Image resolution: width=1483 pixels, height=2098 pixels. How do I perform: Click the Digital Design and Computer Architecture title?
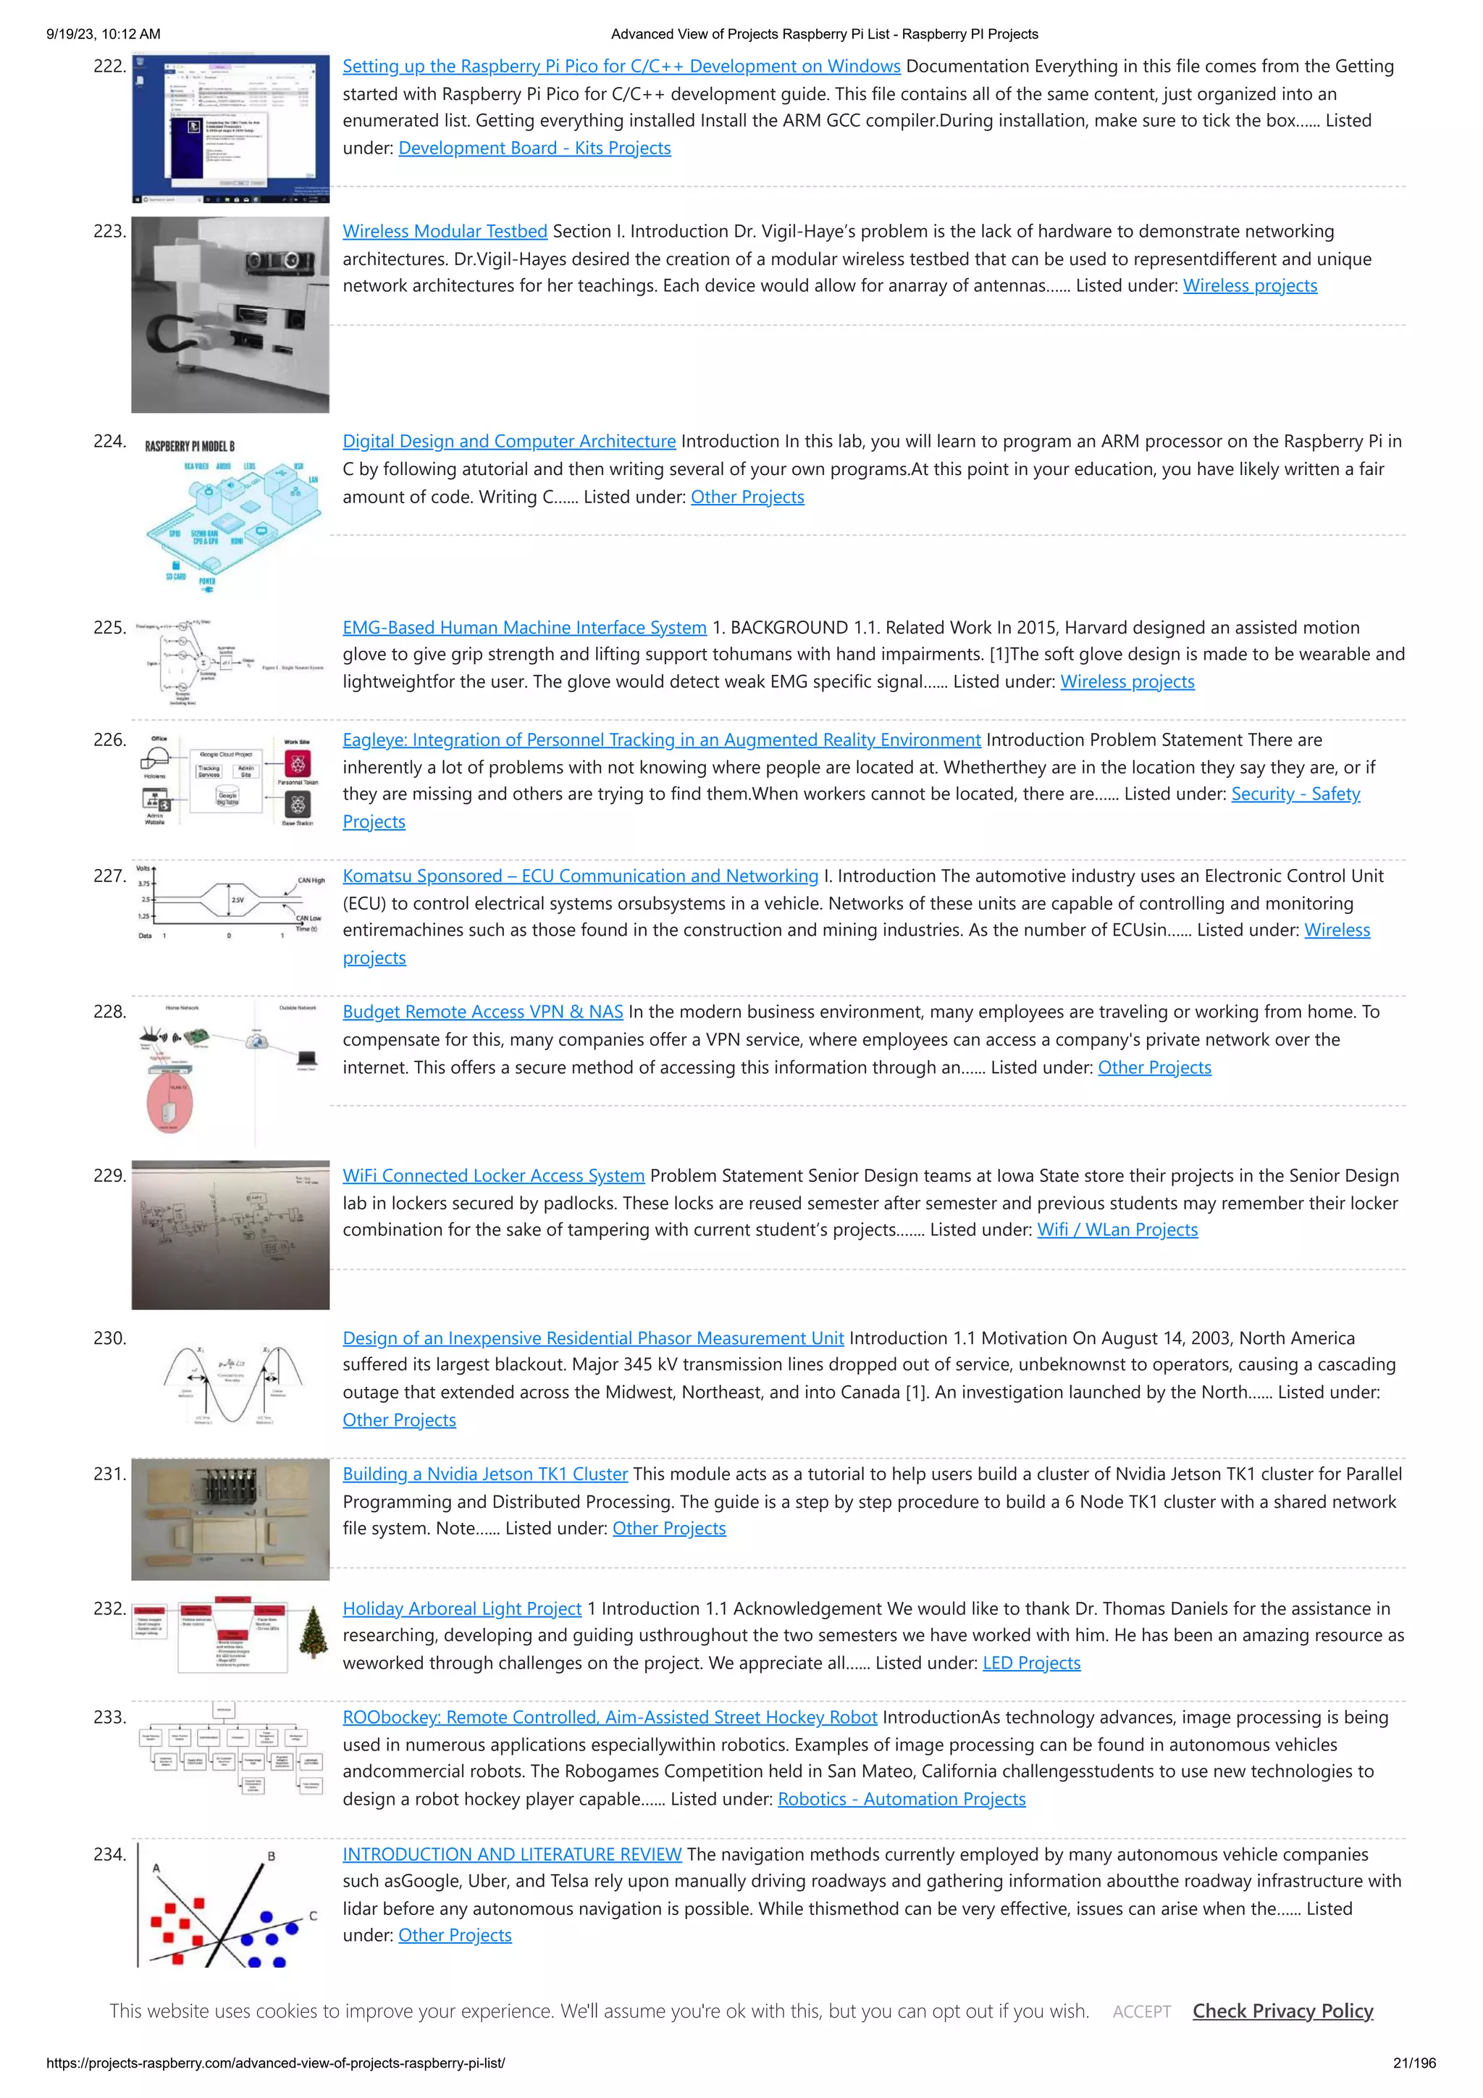(x=509, y=441)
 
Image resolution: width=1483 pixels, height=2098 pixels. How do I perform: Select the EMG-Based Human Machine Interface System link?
(x=524, y=628)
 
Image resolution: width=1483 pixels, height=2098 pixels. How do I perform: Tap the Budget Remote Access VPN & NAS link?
(x=482, y=1012)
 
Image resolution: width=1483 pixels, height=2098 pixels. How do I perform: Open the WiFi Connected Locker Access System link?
(x=493, y=1176)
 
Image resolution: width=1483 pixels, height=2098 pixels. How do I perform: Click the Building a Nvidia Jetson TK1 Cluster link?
(x=485, y=1474)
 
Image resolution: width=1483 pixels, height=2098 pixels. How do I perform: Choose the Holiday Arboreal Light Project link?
(x=461, y=1608)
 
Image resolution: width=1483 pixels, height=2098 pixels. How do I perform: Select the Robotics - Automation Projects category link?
(x=901, y=1799)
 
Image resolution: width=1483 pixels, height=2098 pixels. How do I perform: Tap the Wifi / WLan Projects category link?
(x=1117, y=1230)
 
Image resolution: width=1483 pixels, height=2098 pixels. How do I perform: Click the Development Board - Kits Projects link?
(x=534, y=148)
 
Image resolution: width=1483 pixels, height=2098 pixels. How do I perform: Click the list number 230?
(x=109, y=1338)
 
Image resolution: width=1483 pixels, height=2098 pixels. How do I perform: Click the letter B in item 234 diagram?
(x=272, y=1856)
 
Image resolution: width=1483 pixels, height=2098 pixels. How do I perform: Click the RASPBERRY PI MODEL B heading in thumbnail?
(x=190, y=446)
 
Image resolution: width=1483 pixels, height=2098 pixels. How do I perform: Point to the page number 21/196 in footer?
(x=1413, y=2063)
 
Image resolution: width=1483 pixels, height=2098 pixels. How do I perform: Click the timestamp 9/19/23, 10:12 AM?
(x=104, y=34)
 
